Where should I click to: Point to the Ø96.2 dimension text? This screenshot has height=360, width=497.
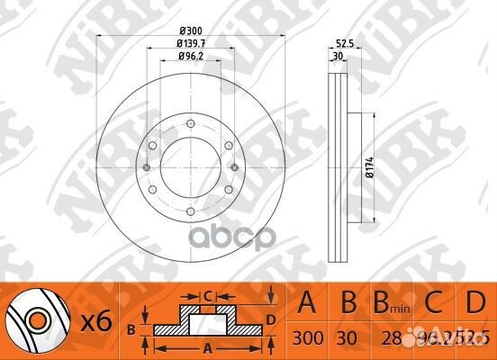tap(187, 58)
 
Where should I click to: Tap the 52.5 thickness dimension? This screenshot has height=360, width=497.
tap(343, 42)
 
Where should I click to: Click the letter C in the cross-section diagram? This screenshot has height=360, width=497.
tap(206, 294)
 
